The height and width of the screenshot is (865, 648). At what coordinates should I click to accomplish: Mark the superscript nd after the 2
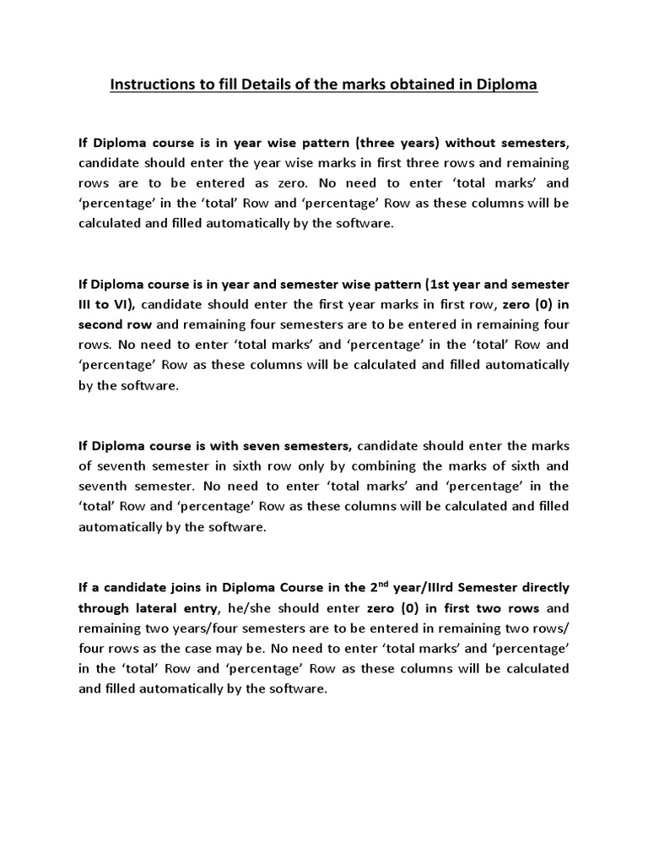click(381, 582)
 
